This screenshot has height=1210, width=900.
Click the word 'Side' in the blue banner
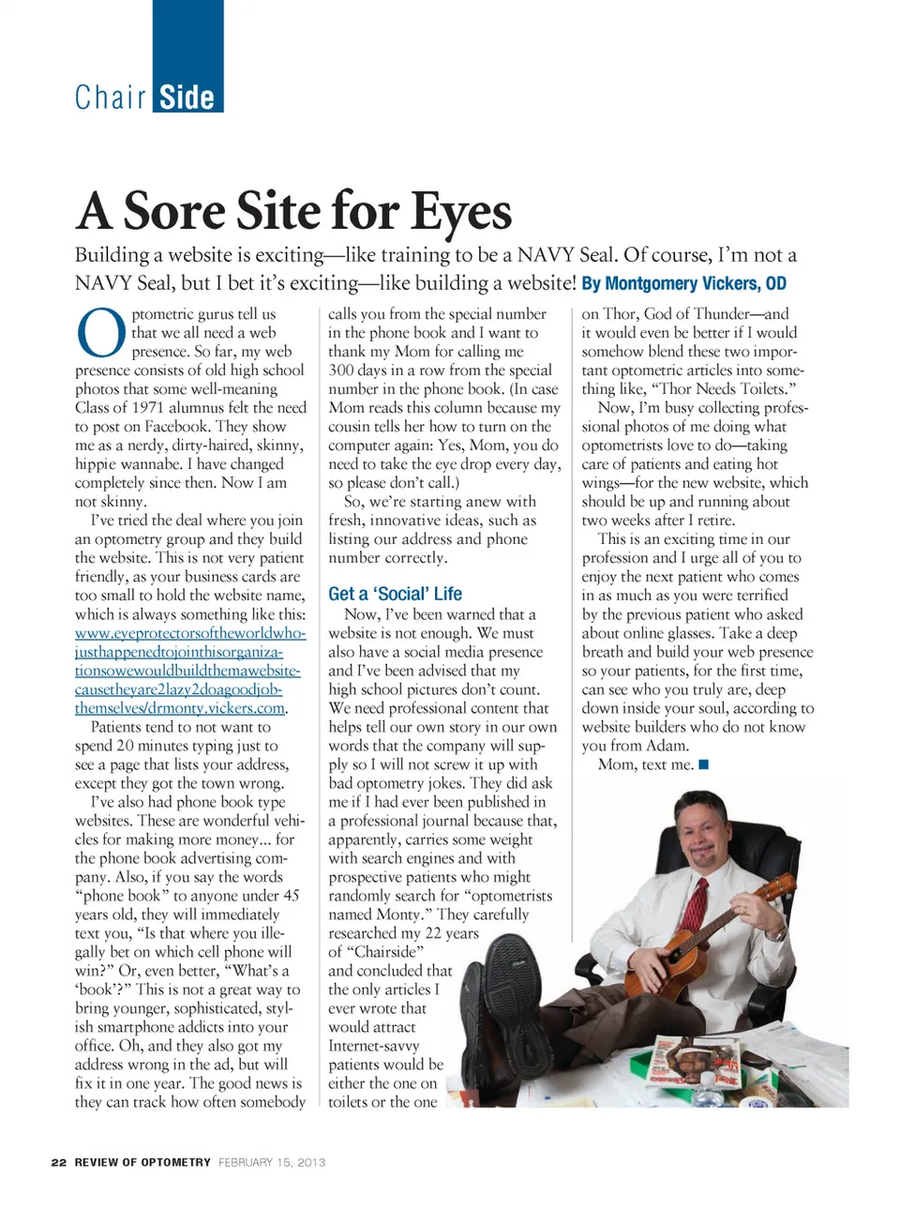[187, 98]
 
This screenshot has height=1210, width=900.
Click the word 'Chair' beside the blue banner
[111, 98]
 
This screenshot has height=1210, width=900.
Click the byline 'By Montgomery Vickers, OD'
[683, 283]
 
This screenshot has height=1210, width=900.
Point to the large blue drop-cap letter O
[100, 335]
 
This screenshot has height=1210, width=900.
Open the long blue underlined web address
[187, 670]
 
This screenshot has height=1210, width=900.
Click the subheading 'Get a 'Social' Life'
[395, 594]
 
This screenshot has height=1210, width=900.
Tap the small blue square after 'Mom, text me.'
[704, 764]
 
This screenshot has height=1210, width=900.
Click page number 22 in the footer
[59, 1162]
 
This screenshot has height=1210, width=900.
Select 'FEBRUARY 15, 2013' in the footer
[272, 1162]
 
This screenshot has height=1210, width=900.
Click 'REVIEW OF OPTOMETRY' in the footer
[142, 1162]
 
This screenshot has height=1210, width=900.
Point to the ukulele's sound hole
[677, 955]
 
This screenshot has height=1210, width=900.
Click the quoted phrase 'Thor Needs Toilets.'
[707, 389]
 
